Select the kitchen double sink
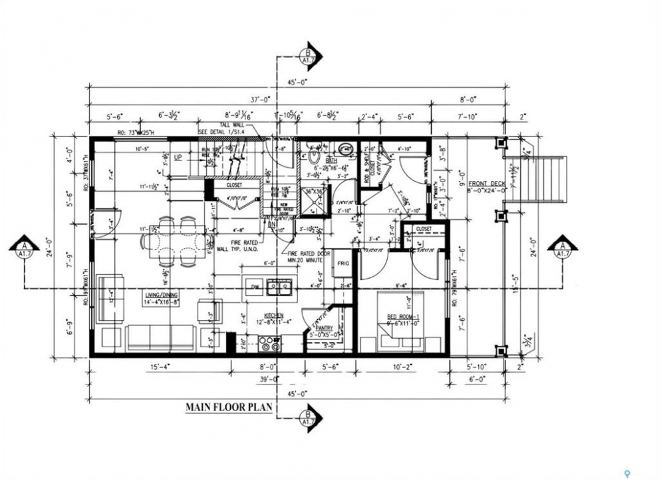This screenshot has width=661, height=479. (278, 287)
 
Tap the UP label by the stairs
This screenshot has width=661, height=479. (178, 158)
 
